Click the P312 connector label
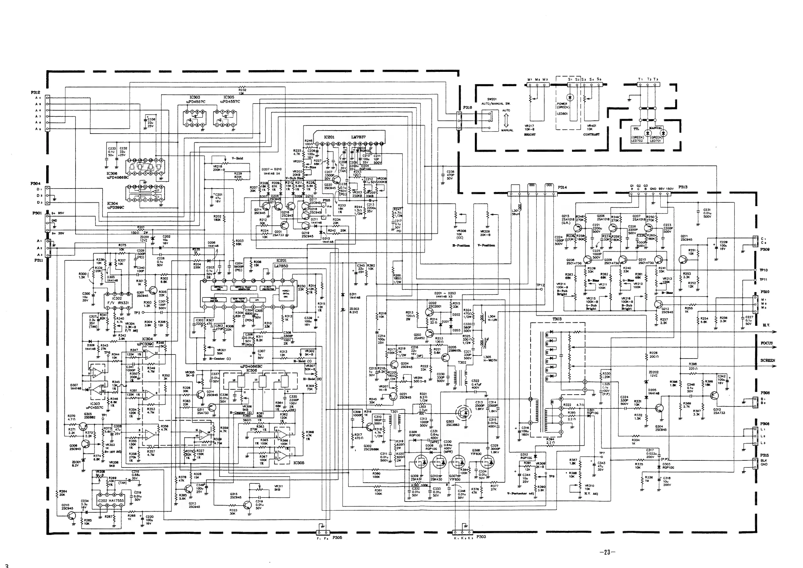point(36,92)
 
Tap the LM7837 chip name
point(358,137)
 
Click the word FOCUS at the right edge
point(766,343)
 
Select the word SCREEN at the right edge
point(768,360)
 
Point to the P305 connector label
point(337,538)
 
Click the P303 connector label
point(481,537)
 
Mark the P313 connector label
point(683,187)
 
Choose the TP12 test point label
point(540,285)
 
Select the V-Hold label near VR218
point(237,158)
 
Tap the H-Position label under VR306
point(461,245)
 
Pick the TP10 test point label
point(763,270)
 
